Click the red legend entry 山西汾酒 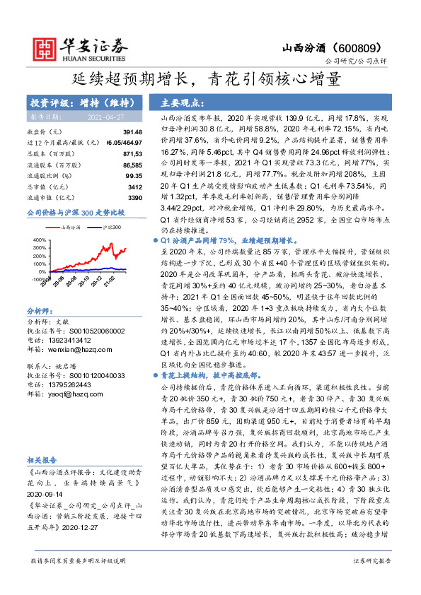pyautogui.click(x=69, y=227)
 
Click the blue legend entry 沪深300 pyautogui.click(x=111, y=227)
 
